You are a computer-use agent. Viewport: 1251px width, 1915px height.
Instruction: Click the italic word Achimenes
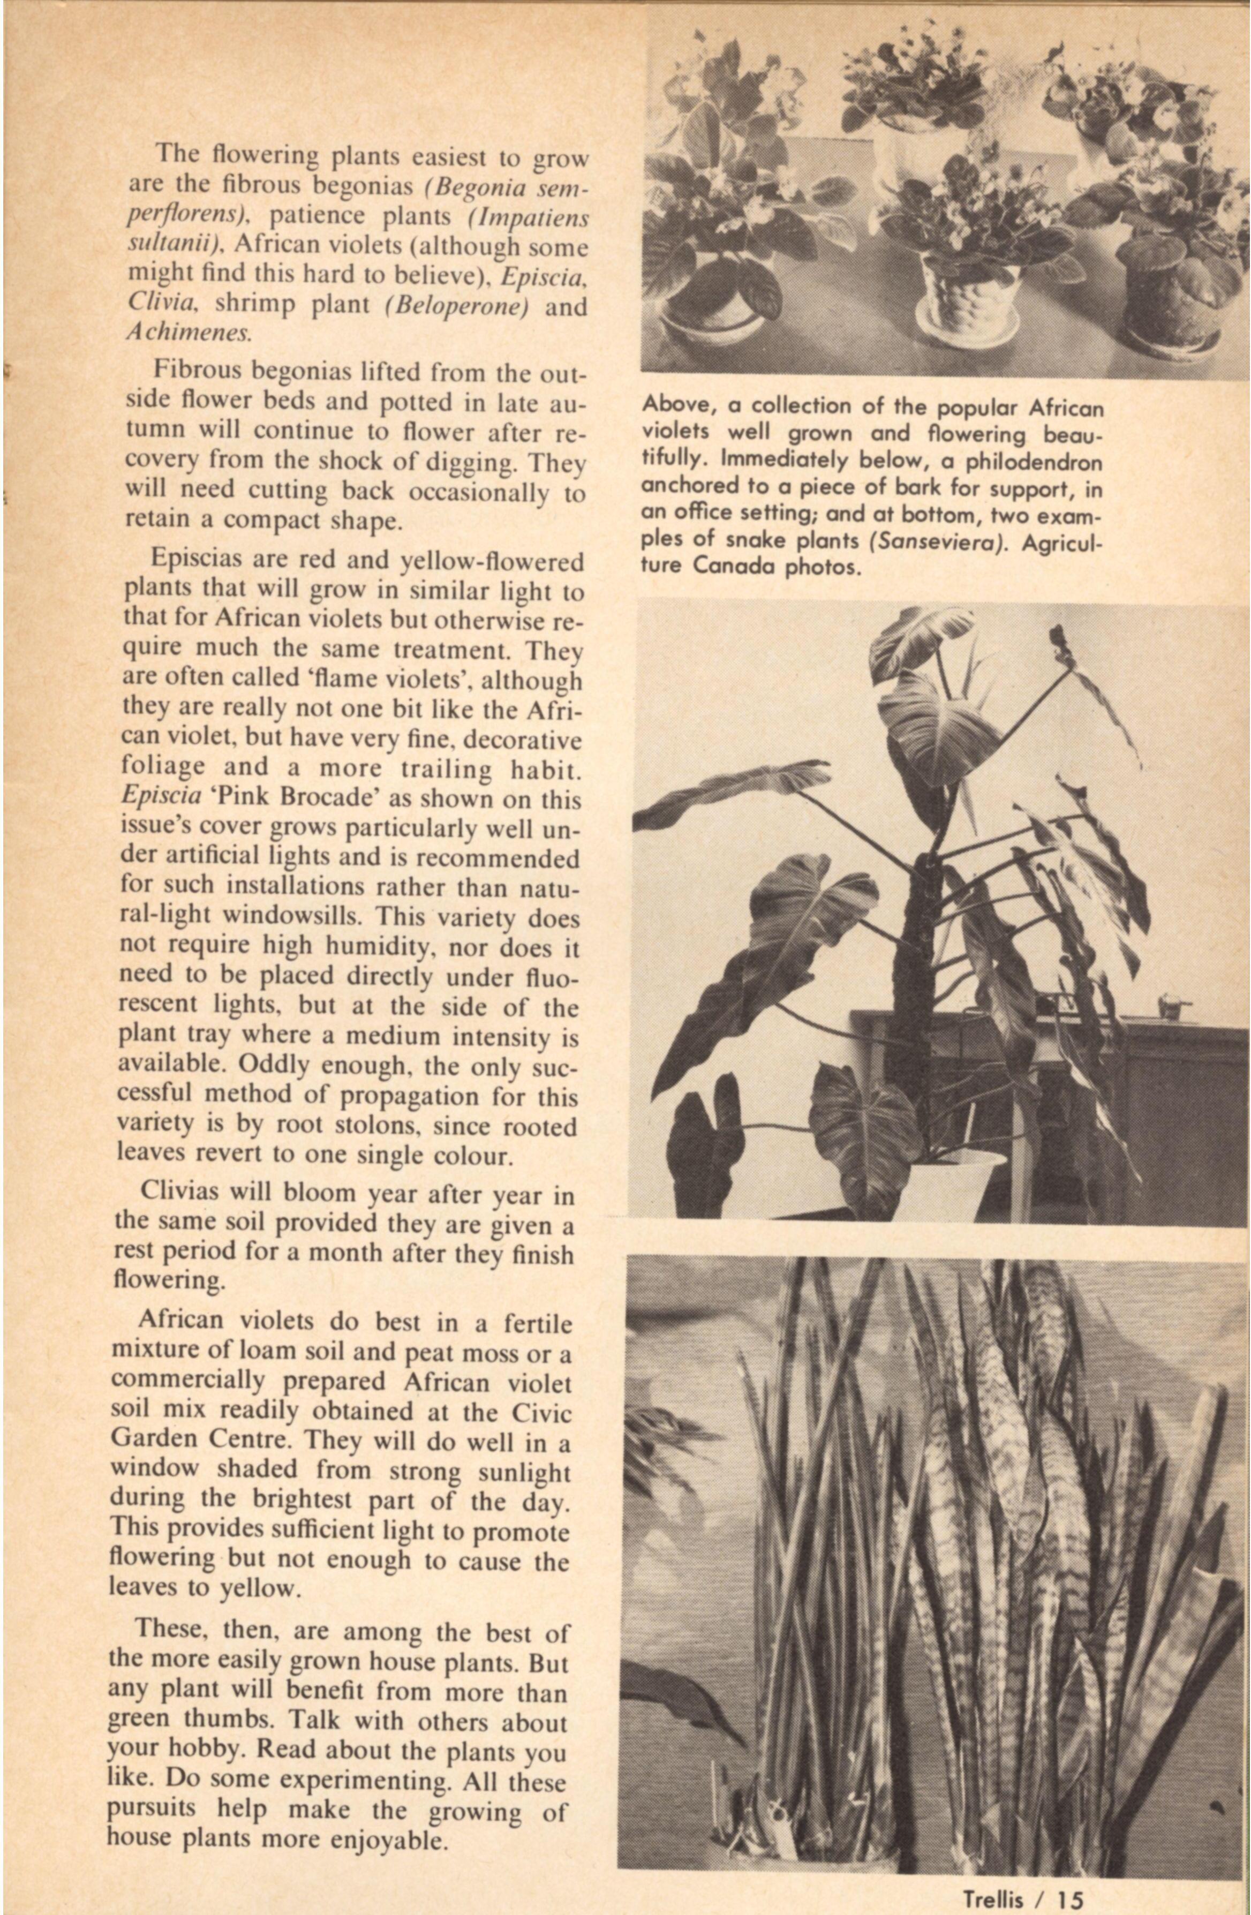(x=189, y=333)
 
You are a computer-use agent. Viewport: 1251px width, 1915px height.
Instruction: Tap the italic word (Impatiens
(x=527, y=218)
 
